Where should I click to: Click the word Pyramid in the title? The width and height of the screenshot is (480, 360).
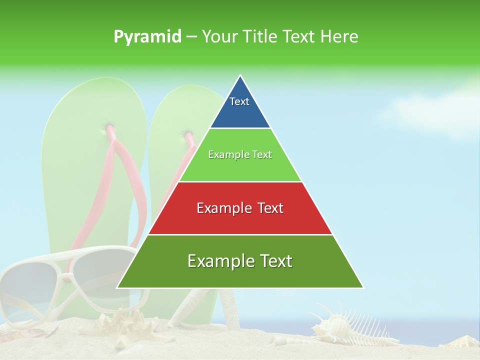(147, 37)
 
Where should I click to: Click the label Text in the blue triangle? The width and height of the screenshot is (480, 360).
(239, 101)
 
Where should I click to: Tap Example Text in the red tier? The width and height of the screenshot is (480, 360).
(240, 208)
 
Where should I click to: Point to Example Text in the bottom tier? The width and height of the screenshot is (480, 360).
(240, 261)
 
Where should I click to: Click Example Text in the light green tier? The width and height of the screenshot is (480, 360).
(240, 154)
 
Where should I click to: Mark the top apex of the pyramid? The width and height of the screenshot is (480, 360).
(240, 76)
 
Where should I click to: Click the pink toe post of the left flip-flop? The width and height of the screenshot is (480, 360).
(108, 130)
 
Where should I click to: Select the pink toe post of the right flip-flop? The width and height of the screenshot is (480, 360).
(188, 136)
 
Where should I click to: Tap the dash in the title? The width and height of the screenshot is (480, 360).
(191, 37)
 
